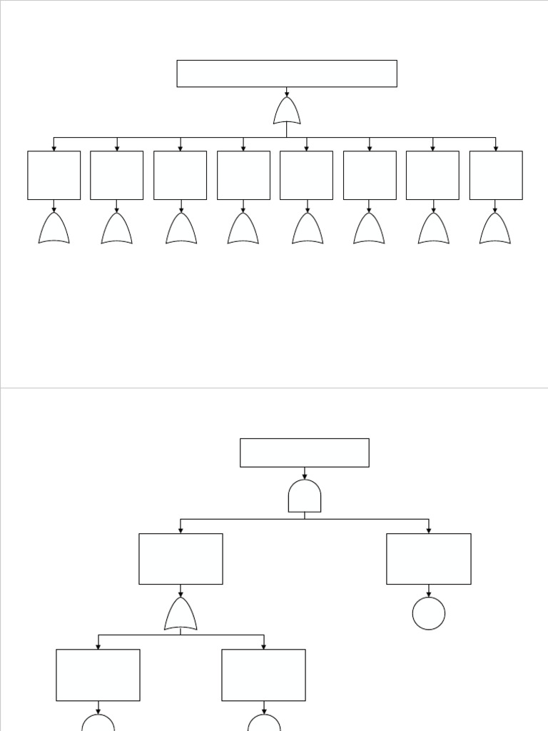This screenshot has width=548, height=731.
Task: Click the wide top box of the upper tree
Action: click(287, 74)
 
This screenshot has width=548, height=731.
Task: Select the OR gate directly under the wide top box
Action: click(287, 111)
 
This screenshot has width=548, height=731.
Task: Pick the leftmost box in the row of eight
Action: click(54, 175)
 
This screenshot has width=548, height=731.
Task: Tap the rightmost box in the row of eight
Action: click(496, 175)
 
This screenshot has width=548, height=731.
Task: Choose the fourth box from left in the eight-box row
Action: click(243, 175)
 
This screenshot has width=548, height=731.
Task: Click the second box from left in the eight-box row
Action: click(117, 175)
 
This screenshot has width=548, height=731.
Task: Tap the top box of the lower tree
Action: click(305, 453)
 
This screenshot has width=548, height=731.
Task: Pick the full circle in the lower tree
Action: click(429, 614)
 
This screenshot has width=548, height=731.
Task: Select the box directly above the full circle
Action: click(429, 559)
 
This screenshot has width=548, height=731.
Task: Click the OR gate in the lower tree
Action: click(181, 615)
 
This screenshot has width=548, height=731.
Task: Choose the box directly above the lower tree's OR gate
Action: click(181, 559)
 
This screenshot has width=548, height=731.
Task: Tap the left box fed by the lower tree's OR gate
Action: click(98, 675)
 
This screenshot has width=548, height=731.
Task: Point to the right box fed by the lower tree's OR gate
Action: click(264, 675)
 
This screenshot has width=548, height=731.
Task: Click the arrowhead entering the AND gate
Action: click(305, 476)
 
